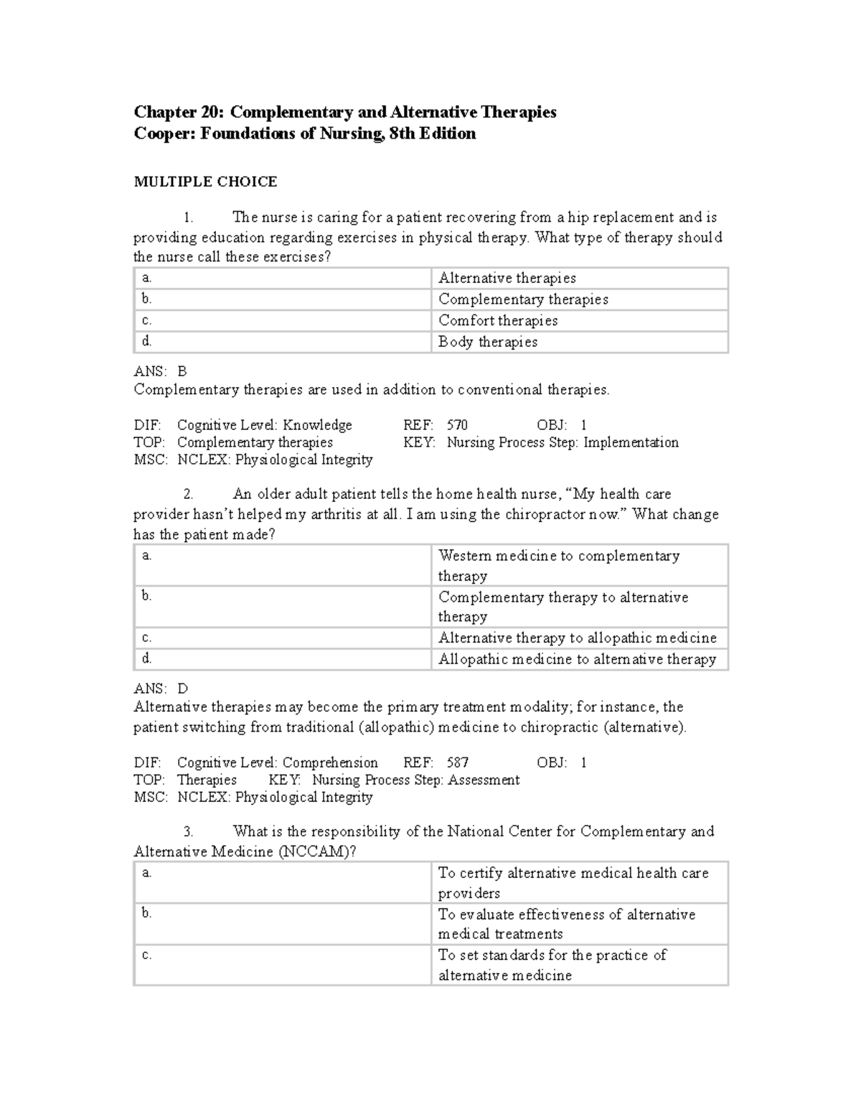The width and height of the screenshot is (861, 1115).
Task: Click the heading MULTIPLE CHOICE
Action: (205, 182)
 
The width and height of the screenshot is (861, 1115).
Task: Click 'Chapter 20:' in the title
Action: (179, 112)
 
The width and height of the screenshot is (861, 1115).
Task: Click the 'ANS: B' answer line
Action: (160, 371)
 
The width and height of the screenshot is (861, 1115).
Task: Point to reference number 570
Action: (457, 425)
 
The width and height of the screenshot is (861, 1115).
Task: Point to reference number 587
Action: (457, 762)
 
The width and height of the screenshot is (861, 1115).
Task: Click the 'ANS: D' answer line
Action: (161, 689)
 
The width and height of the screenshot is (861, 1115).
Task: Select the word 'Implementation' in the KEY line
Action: (631, 442)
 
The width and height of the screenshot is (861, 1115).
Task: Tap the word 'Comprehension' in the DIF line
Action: (330, 762)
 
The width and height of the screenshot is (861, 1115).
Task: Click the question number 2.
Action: (188, 494)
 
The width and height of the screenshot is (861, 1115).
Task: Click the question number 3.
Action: (188, 831)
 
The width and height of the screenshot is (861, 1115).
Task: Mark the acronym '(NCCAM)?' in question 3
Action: (317, 852)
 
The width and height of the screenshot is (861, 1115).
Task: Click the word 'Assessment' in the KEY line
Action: (484, 780)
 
